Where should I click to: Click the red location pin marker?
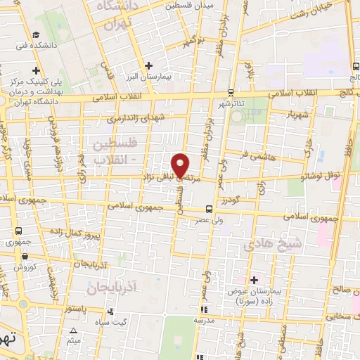coord(181,165)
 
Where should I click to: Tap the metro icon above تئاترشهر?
coord(230,93)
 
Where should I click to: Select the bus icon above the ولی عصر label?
coord(208,209)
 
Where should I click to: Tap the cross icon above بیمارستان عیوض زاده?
coord(255,280)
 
